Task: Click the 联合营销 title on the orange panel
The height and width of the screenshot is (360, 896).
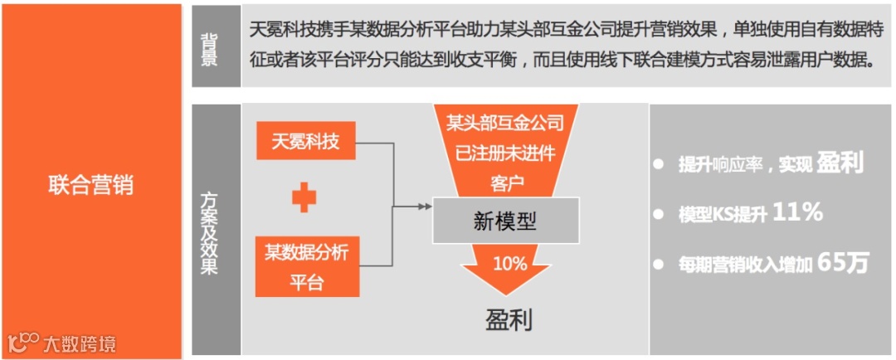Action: coord(90,184)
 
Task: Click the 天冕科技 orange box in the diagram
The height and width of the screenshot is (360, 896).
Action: coord(305,142)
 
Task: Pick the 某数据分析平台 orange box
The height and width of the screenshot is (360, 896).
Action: coord(306,266)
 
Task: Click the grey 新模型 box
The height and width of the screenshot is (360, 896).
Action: coord(505,221)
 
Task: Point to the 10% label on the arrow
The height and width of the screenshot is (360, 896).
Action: coord(509,264)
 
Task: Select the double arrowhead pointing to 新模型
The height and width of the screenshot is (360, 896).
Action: coord(424,205)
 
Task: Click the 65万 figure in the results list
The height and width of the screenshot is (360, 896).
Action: coord(842,263)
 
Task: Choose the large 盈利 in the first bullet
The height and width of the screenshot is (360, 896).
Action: coord(840,163)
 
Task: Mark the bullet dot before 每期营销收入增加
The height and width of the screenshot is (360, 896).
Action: coord(659,265)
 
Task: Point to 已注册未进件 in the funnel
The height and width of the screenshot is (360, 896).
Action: coord(505,153)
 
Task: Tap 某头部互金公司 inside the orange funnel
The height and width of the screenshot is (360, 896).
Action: coord(505,125)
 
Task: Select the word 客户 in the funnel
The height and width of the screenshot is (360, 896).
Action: coord(505,180)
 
